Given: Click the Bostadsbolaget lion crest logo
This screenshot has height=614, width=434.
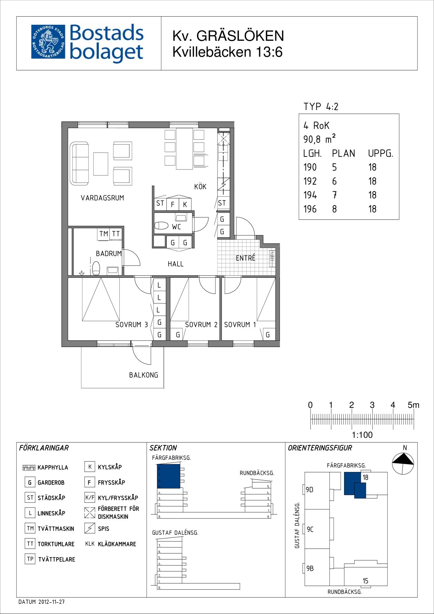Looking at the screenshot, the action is point(48,42).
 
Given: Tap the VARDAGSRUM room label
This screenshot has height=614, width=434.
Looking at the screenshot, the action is point(102,198).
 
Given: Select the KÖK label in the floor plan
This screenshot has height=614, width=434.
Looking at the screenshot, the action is point(200,186).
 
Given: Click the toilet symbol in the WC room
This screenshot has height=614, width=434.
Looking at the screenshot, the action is point(161,226).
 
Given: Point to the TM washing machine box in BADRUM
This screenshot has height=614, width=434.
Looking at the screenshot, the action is point(104,234).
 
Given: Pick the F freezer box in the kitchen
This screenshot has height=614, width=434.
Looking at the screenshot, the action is point(173,204).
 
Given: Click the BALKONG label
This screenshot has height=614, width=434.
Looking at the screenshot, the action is point(143,375).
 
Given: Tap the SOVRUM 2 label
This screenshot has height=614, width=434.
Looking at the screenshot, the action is point(201,324).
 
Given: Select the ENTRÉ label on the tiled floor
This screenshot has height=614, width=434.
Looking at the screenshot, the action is point(245,258).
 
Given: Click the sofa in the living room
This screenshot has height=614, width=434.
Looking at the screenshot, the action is point(79,163).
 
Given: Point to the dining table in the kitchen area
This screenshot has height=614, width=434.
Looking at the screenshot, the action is point(184,149).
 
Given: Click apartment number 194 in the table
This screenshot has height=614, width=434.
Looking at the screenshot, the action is point(310,195).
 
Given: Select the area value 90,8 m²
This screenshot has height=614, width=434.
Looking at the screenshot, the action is point(319,139).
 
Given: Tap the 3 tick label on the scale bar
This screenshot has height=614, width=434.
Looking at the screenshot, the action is point(372,405).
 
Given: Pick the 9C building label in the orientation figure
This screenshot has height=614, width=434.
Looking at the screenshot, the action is point(310,529).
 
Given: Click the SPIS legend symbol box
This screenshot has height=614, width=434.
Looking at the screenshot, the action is point(90,528).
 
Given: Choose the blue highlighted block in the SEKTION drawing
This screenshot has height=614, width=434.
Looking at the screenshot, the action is point(169,476).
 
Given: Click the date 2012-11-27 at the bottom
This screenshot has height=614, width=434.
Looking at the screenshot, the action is point(51,602).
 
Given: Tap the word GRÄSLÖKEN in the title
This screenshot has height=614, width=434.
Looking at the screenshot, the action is point(240,36).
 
